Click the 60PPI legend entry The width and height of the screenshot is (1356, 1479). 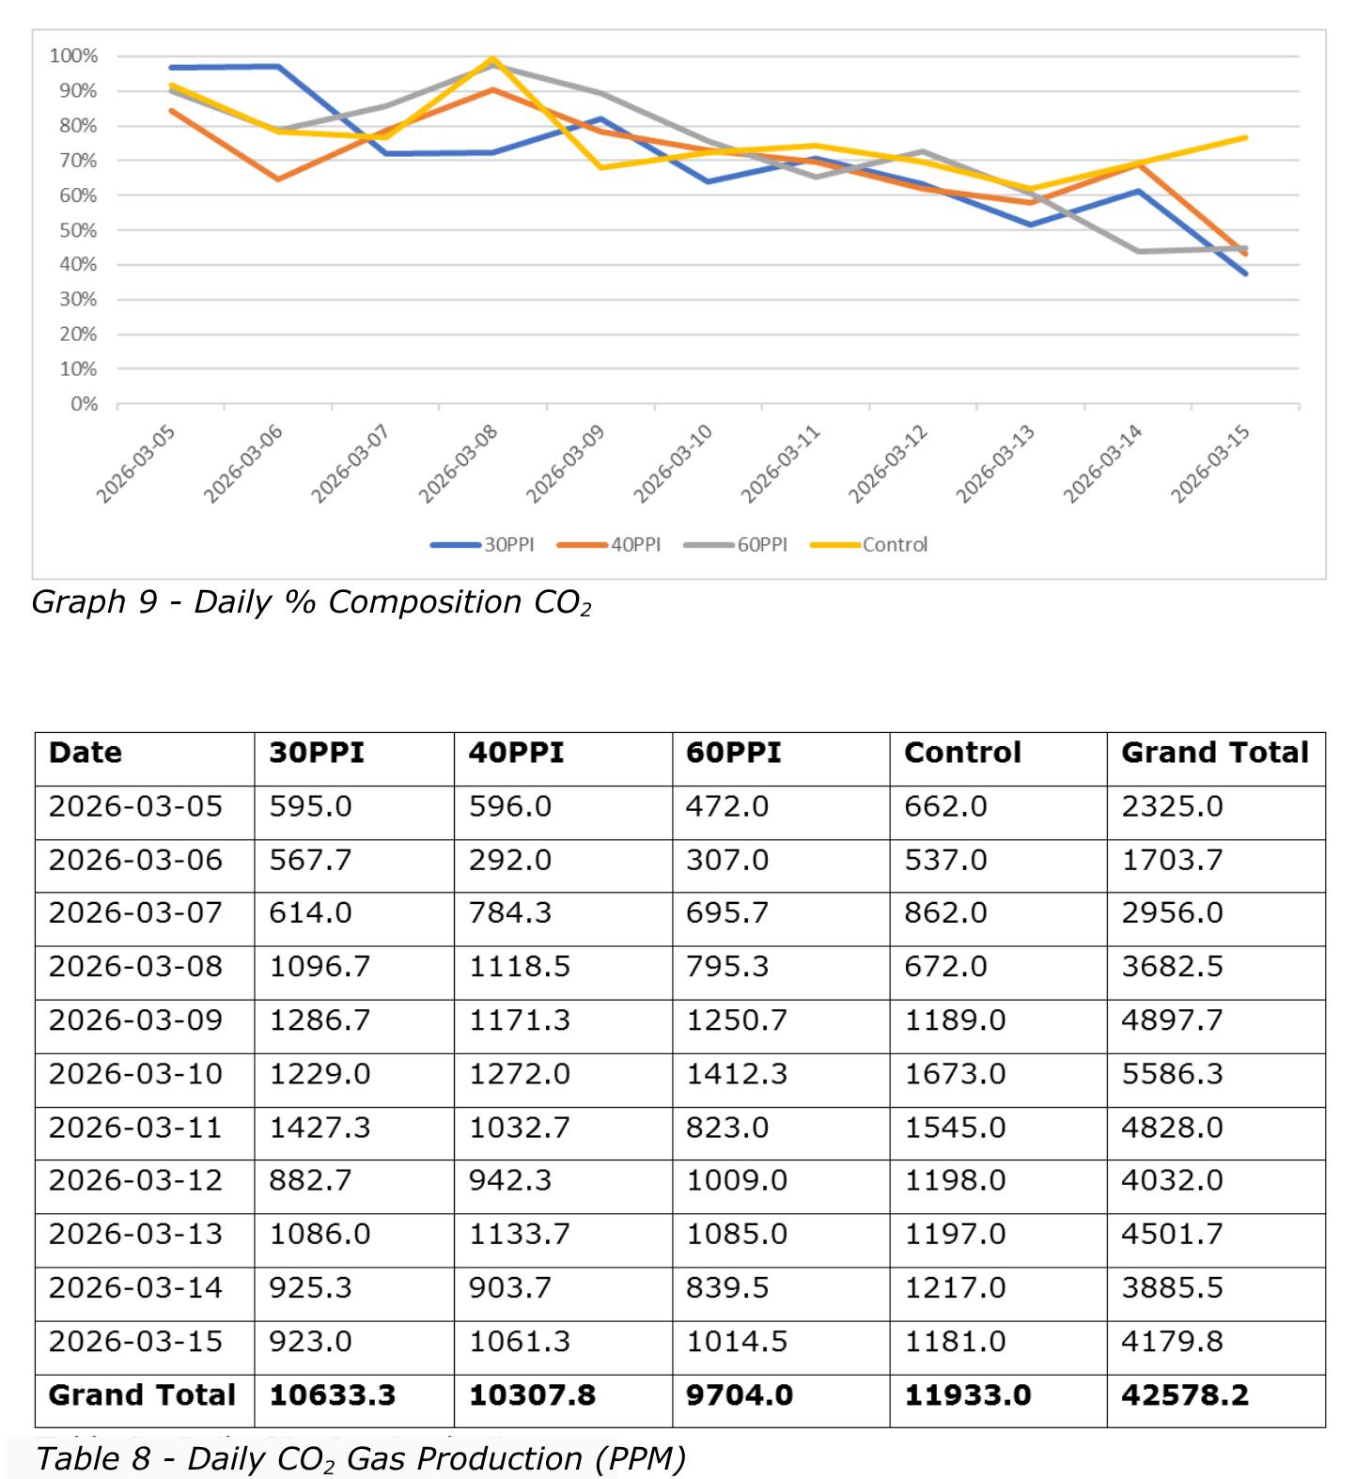click(736, 545)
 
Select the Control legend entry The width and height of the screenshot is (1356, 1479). click(869, 545)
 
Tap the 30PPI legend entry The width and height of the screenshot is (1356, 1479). click(482, 545)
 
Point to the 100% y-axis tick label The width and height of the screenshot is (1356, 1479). click(73, 56)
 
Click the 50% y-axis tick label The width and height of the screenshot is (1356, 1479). click(78, 230)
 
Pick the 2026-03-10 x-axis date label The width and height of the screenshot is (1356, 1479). click(673, 463)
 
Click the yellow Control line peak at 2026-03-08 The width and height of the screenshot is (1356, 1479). click(493, 59)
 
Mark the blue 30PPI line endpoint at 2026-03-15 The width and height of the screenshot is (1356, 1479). click(1245, 273)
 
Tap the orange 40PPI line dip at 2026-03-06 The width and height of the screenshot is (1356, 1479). click(278, 179)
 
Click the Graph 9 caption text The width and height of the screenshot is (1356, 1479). click(312, 602)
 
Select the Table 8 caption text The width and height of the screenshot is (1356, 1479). click(361, 1459)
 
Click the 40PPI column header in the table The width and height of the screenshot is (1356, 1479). click(516, 753)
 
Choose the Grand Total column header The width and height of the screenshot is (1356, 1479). click(1215, 753)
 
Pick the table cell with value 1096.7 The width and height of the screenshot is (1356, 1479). click(320, 967)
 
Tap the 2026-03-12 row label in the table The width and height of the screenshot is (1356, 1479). click(135, 1181)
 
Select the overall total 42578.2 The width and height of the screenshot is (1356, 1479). click(1185, 1395)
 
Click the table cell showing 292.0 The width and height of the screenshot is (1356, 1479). click(510, 860)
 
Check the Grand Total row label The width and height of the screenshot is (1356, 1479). click(142, 1395)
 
